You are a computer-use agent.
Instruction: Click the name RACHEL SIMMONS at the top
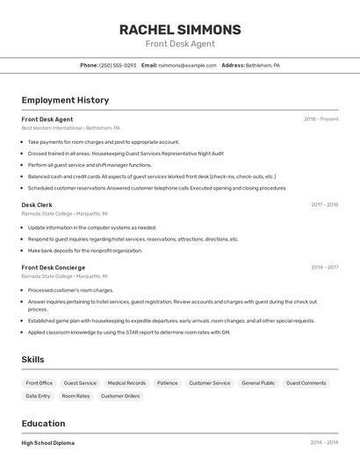click(x=180, y=30)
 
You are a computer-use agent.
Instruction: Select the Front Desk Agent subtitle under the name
click(x=180, y=44)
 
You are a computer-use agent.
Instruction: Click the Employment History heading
click(x=65, y=100)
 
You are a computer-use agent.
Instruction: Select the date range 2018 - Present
click(x=320, y=119)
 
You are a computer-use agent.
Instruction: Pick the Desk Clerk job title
click(x=37, y=205)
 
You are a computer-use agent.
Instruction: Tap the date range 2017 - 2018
click(x=324, y=205)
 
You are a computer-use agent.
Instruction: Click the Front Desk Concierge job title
click(x=54, y=268)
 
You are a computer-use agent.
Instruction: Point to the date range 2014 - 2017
click(x=324, y=268)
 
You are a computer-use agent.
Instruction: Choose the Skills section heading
click(x=32, y=360)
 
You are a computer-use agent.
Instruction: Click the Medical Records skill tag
click(x=126, y=383)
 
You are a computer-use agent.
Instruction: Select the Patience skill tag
click(x=167, y=383)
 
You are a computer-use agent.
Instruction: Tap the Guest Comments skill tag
click(x=306, y=383)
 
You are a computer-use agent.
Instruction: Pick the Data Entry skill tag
click(x=38, y=397)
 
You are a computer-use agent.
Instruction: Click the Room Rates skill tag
click(x=76, y=397)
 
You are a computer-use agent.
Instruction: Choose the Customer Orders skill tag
click(x=120, y=397)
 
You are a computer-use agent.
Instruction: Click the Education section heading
click(x=43, y=423)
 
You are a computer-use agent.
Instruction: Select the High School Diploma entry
click(x=48, y=443)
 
